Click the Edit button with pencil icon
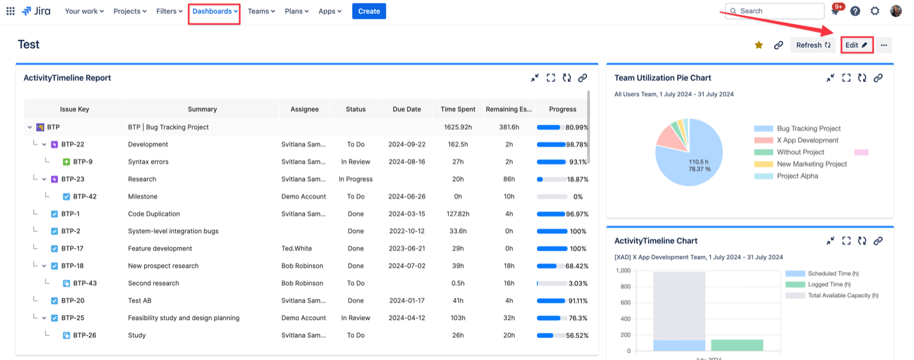click(856, 45)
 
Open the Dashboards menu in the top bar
click(215, 11)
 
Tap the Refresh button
click(813, 45)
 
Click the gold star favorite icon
click(758, 45)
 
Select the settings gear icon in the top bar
click(875, 11)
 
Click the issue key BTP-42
click(84, 197)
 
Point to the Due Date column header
click(406, 109)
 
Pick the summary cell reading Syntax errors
click(148, 162)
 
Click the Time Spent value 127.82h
click(458, 214)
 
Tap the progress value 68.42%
click(576, 266)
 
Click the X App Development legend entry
click(807, 140)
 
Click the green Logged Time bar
click(736, 345)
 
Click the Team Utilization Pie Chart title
click(663, 78)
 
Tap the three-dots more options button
click(884, 45)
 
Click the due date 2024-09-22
click(406, 145)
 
